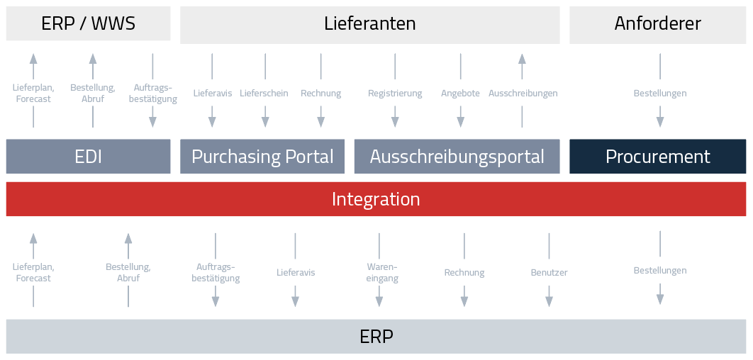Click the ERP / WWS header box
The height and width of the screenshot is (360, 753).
tap(88, 23)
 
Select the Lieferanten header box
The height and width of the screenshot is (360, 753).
tap(369, 23)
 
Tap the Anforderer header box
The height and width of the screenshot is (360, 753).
tap(657, 23)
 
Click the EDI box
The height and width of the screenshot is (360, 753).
tap(88, 157)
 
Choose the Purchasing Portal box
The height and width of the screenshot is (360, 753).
tap(262, 157)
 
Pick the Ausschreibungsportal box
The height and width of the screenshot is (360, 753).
tap(457, 157)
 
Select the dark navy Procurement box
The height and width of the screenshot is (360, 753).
tap(657, 157)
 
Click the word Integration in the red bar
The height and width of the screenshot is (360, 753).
tap(376, 199)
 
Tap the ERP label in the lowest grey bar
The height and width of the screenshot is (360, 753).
tap(376, 337)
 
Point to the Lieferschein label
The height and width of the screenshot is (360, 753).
tap(264, 94)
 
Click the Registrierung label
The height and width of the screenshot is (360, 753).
tap(395, 94)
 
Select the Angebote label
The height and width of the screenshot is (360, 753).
tap(460, 94)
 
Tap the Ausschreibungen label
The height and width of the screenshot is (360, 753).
tap(523, 94)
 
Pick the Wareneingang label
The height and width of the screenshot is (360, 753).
tap(382, 273)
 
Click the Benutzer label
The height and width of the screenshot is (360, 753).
tap(549, 273)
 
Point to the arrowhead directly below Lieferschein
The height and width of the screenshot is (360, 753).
tap(265, 122)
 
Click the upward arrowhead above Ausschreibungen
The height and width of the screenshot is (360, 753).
tap(522, 58)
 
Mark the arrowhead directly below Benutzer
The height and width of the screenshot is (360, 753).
tap(549, 301)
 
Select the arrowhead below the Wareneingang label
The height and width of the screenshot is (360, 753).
tap(379, 301)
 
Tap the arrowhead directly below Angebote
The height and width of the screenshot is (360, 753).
tap(461, 122)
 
